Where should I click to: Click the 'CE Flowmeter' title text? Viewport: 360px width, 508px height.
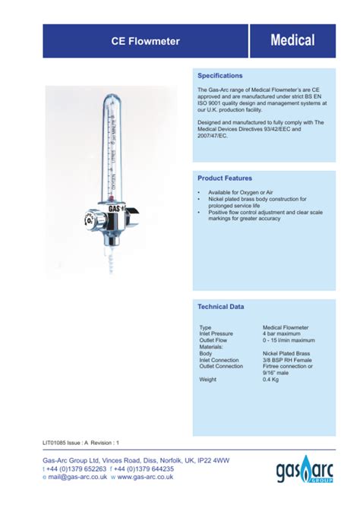pos(145,41)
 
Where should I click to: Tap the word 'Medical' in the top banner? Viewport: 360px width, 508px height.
pos(292,41)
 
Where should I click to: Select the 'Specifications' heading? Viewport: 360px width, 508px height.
pos(220,76)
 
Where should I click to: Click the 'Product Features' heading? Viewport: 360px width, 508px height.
pos(225,178)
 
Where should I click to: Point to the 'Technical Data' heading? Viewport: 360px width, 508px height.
pos(221,307)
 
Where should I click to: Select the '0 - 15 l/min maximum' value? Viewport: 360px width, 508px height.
pos(289,340)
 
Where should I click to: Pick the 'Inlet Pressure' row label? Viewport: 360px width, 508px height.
pos(216,333)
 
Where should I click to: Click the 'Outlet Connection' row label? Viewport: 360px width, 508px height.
pos(221,366)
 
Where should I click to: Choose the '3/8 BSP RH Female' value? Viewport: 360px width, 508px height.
pos(286,360)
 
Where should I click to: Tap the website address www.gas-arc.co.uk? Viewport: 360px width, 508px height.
pos(145,478)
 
